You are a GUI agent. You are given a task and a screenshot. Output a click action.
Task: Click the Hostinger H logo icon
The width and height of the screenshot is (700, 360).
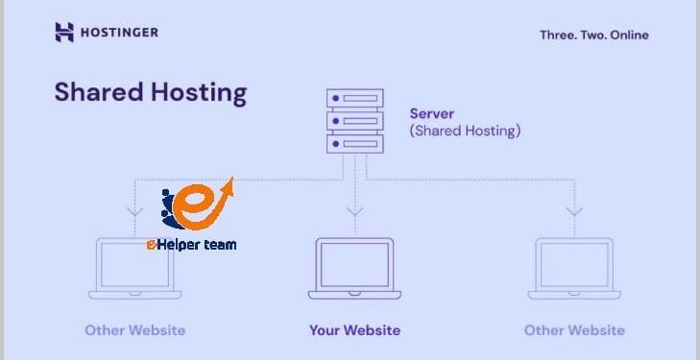tap(64, 33)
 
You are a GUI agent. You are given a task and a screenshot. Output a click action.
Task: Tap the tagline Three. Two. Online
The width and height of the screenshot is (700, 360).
tap(593, 36)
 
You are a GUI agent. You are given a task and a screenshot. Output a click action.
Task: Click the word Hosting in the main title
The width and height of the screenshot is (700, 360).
tap(204, 94)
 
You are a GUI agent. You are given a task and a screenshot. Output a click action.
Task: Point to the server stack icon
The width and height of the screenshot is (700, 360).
tap(354, 121)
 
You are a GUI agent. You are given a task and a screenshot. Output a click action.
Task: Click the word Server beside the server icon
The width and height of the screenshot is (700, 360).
tap(432, 113)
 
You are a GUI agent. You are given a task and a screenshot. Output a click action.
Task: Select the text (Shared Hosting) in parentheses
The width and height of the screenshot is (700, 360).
tap(465, 131)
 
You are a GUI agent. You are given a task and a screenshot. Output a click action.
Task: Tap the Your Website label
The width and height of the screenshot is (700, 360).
tap(354, 330)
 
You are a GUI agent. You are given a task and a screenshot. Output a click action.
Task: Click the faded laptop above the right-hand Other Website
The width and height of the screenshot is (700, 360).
tap(573, 270)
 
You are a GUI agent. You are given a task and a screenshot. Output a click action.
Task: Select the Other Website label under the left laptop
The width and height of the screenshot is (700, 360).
tap(134, 330)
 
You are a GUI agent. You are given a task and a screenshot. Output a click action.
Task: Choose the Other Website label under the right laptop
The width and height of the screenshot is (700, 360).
tap(573, 330)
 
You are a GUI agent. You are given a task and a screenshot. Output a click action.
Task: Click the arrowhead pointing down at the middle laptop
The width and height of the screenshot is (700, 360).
tap(354, 210)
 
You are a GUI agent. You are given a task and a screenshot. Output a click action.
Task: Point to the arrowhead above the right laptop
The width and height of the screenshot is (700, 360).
tap(573, 210)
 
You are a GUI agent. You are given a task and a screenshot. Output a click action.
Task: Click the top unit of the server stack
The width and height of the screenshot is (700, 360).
tap(354, 98)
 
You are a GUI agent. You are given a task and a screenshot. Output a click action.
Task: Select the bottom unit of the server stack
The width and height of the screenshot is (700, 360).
tap(354, 144)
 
